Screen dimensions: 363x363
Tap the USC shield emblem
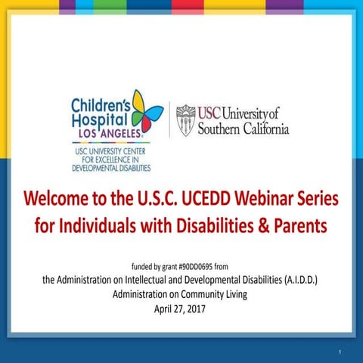(x=185, y=120)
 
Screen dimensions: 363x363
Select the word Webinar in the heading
(x=263, y=200)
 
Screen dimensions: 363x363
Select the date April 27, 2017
(x=181, y=309)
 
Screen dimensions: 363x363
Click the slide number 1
(x=341, y=350)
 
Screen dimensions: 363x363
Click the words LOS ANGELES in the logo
(x=108, y=133)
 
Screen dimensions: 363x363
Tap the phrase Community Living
(x=218, y=294)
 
